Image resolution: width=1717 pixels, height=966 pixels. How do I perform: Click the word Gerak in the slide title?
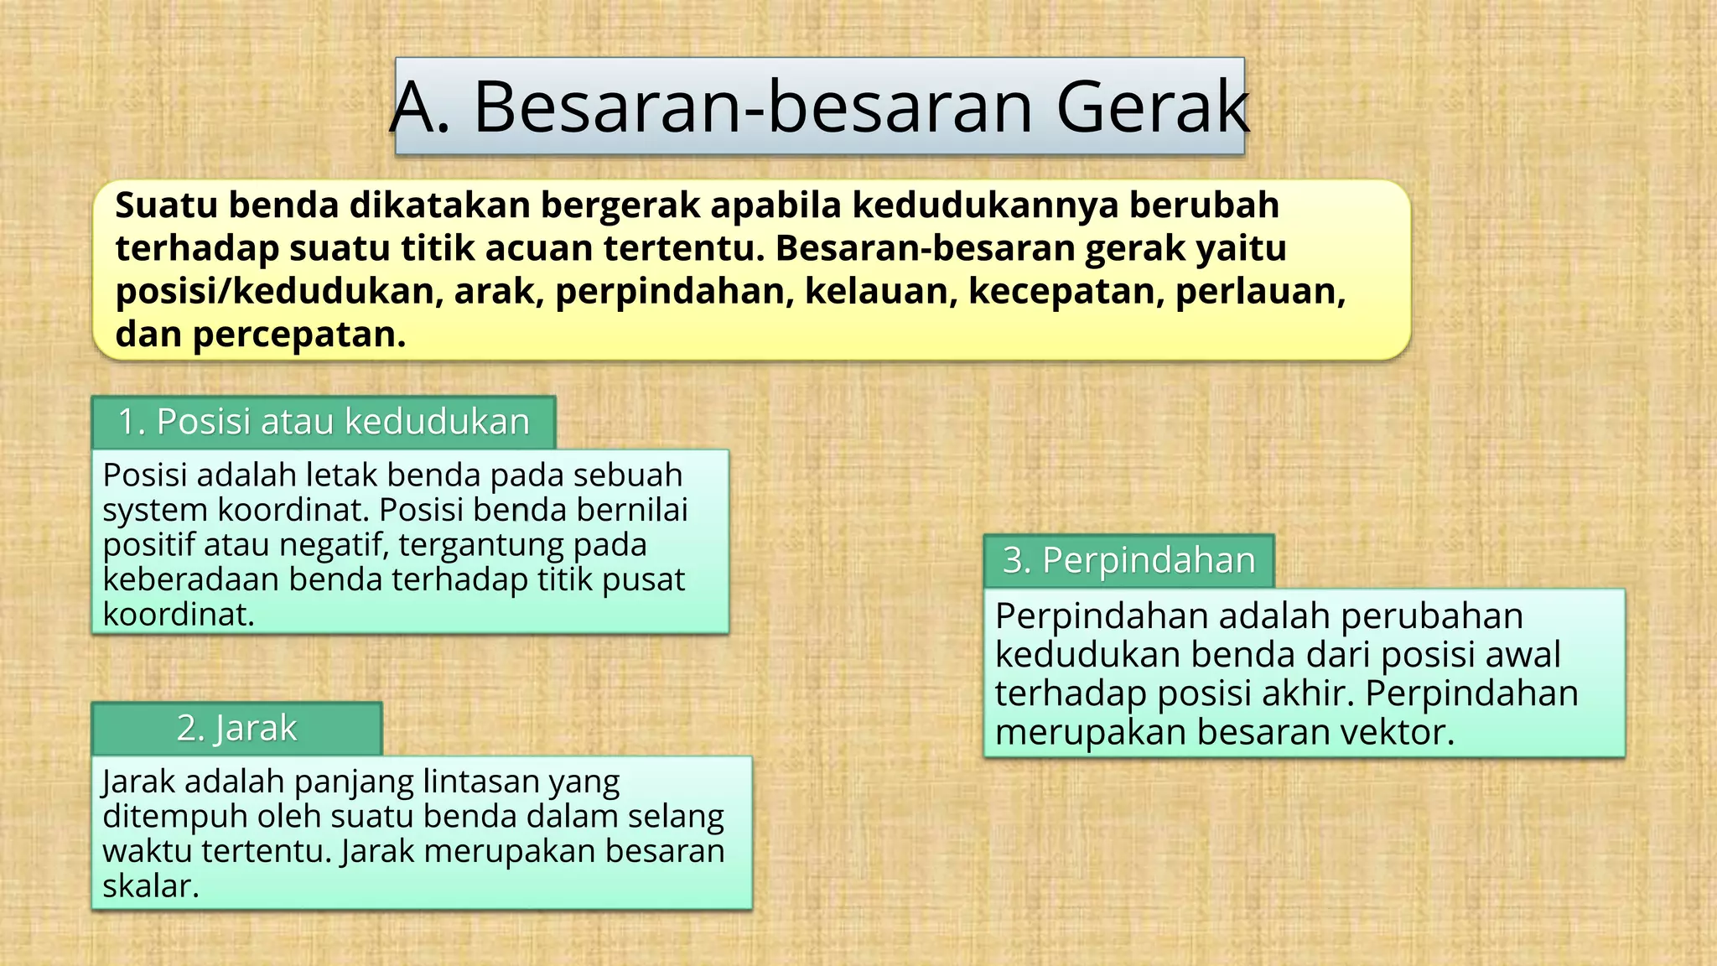[1152, 106]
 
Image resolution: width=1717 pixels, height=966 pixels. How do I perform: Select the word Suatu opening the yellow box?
[168, 205]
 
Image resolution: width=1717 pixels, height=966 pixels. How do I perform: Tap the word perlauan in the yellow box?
[1259, 291]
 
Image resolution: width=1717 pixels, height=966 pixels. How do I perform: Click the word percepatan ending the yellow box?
[299, 335]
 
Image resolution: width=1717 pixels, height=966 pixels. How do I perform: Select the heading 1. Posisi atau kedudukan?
[324, 422]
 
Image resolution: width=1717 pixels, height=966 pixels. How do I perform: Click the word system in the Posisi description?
[155, 510]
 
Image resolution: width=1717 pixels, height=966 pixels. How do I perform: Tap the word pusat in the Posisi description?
[643, 579]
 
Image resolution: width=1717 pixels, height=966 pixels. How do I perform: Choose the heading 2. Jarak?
[236, 728]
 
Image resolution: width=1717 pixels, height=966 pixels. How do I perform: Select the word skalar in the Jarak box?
[150, 886]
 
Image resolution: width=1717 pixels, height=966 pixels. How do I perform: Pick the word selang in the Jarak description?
[675, 816]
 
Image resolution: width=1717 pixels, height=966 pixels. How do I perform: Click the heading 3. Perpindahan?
[1128, 560]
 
